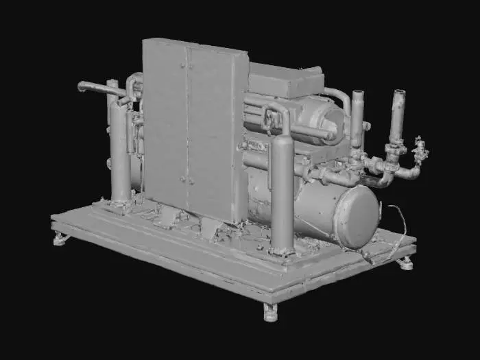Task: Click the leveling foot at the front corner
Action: (271, 314)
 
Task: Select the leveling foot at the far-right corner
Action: (406, 263)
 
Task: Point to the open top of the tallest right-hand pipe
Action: (398, 93)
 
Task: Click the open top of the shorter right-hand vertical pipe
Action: (357, 93)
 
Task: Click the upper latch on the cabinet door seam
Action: (184, 66)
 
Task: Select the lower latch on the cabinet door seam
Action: (183, 180)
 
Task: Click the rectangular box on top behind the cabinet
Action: (285, 81)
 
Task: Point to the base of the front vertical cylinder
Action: (282, 249)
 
